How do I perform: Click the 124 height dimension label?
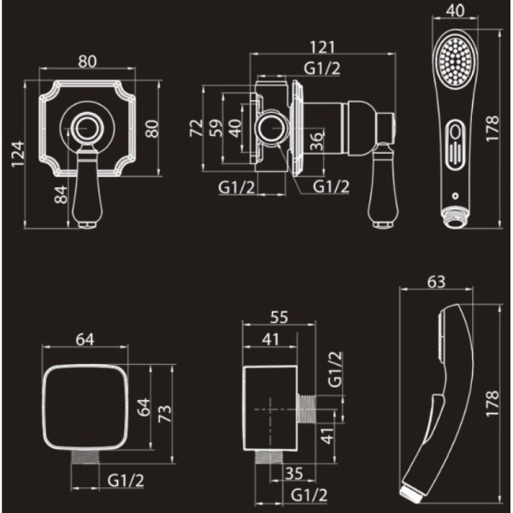18,154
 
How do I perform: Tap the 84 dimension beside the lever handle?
61,195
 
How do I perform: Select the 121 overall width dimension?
322,47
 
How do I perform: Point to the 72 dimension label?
197,128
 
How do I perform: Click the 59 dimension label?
216,128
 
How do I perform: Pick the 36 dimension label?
316,141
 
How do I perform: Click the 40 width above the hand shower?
455,11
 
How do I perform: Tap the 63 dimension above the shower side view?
436,282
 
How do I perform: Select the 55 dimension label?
279,317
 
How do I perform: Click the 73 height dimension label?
165,414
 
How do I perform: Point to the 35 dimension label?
294,473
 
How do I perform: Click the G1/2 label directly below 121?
322,68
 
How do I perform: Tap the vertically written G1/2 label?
335,369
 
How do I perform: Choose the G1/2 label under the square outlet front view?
126,481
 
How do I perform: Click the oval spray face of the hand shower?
455,63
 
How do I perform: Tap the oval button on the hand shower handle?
455,145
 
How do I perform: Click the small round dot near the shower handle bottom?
455,196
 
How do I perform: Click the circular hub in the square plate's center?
87,128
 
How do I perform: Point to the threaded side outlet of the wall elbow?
307,410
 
